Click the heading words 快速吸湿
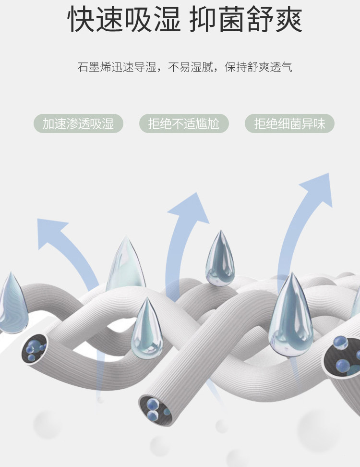pos(124,20)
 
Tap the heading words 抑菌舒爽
pos(246,20)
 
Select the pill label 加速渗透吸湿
pos(78,124)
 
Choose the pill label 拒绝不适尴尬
pos(184,124)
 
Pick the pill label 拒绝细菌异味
pos(289,124)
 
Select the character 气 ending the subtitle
pos(287,67)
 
